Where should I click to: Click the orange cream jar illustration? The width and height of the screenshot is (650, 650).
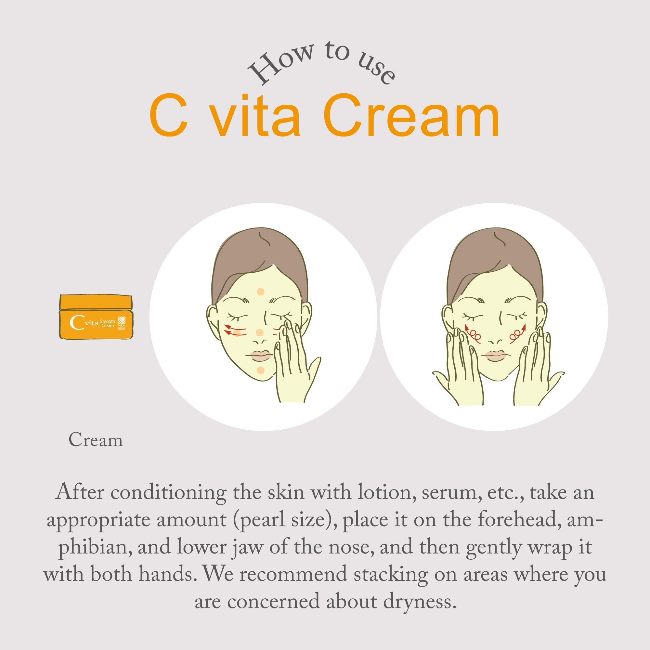(96, 317)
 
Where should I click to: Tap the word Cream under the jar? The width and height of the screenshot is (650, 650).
(96, 440)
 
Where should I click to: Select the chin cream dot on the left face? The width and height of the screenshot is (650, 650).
(261, 370)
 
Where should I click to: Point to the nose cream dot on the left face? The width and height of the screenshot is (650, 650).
(259, 333)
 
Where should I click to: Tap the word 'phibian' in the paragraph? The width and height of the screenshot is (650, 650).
(93, 547)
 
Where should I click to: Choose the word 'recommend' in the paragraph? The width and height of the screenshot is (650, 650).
(293, 574)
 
